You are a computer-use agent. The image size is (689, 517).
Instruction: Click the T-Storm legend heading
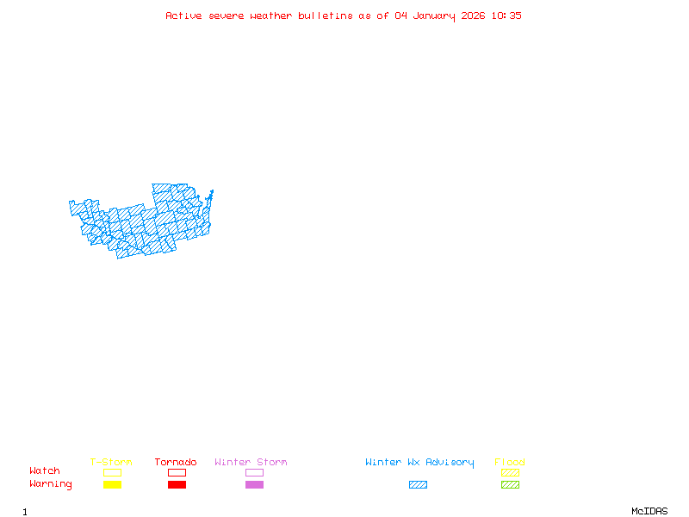(111, 463)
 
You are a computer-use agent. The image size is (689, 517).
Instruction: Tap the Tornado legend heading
(176, 463)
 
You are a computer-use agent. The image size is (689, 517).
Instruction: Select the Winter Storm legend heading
(251, 463)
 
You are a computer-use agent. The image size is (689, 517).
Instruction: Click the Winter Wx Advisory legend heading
(419, 463)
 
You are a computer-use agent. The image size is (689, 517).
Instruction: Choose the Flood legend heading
(510, 463)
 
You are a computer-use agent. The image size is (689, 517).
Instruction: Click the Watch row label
(45, 471)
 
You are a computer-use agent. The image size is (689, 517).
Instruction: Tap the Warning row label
(51, 484)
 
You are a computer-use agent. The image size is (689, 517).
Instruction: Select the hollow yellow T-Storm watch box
(112, 472)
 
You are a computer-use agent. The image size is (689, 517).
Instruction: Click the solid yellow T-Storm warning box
(112, 484)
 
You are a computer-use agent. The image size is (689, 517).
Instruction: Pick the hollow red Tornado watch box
(177, 472)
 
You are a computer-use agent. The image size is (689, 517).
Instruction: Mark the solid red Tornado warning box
(177, 484)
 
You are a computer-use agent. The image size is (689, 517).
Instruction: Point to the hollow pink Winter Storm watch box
(254, 472)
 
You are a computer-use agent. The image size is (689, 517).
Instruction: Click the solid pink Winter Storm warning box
(254, 484)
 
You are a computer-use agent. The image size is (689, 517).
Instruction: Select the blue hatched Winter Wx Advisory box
(418, 484)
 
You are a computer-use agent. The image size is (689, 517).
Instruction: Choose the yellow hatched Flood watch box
(510, 472)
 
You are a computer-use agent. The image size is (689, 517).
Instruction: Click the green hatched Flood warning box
(510, 484)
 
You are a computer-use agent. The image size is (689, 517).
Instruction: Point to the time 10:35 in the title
(508, 16)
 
